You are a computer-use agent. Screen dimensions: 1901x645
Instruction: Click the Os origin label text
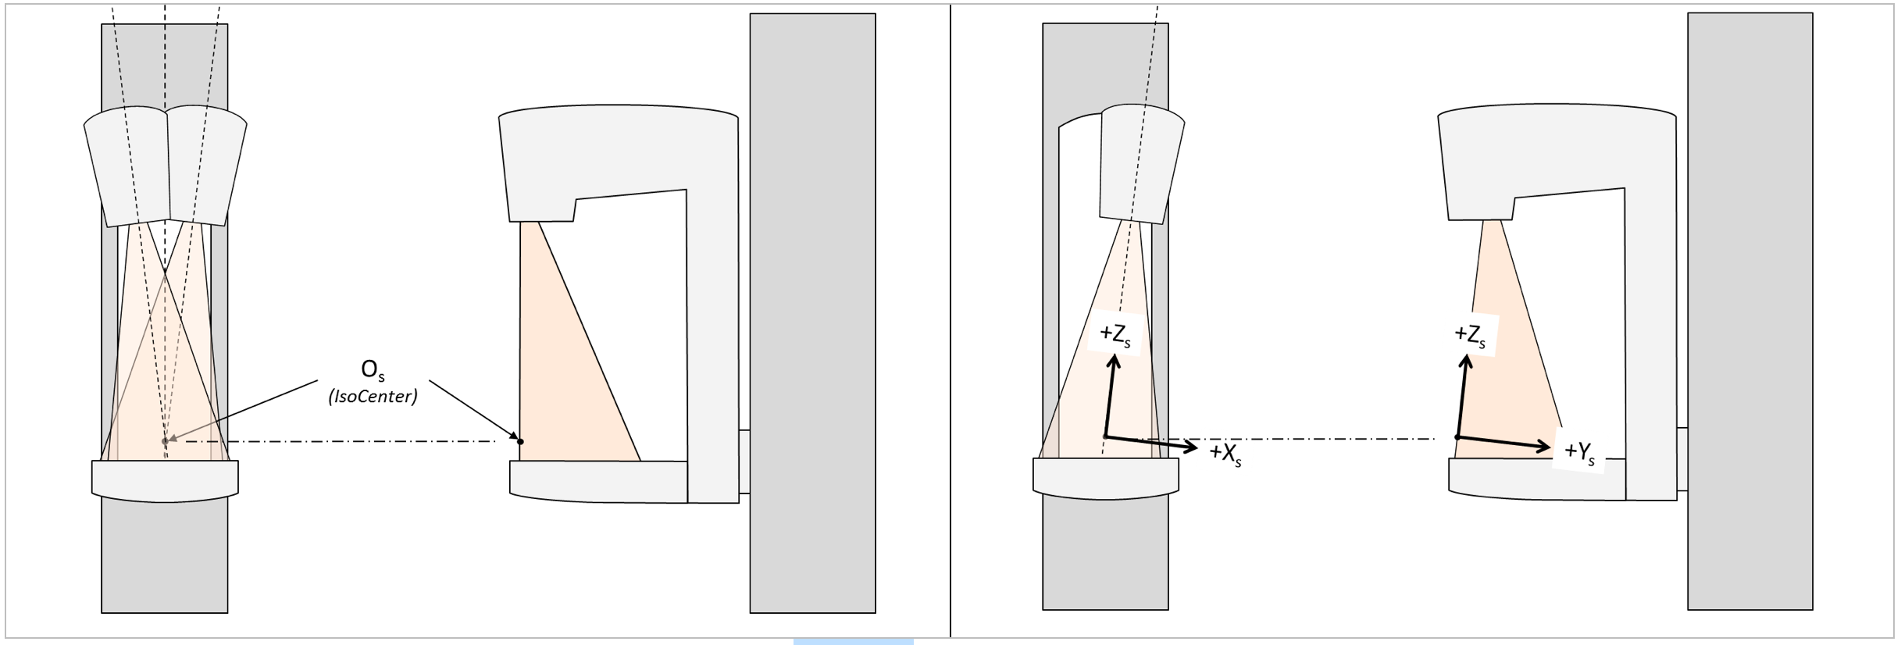pyautogui.click(x=373, y=370)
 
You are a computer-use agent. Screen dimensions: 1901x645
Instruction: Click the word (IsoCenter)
pyautogui.click(x=373, y=397)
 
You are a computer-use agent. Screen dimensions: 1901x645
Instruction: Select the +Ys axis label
pyautogui.click(x=1579, y=452)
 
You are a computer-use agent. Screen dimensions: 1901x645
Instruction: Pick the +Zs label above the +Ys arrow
pyautogui.click(x=1470, y=335)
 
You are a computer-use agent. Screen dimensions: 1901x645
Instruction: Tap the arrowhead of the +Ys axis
pyautogui.click(x=1544, y=447)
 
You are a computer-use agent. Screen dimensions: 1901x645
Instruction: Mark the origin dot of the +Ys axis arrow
pyautogui.click(x=1457, y=437)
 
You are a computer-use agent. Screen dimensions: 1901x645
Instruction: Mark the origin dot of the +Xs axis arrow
pyautogui.click(x=1105, y=437)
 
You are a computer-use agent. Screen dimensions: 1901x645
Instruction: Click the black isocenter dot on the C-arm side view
pyautogui.click(x=520, y=442)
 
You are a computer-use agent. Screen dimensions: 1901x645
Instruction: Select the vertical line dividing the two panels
pyautogui.click(x=950, y=321)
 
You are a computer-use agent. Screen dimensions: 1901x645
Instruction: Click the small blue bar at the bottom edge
pyautogui.click(x=854, y=642)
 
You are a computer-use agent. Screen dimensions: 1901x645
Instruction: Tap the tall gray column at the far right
pyautogui.click(x=1750, y=311)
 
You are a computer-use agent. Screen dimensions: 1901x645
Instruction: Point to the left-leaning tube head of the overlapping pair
pyautogui.click(x=127, y=167)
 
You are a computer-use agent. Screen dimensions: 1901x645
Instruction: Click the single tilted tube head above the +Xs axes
pyautogui.click(x=1142, y=164)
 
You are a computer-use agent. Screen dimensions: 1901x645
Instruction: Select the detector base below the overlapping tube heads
pyautogui.click(x=165, y=480)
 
